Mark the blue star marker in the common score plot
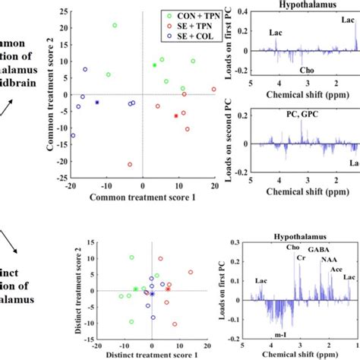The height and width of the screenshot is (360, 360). point(97,102)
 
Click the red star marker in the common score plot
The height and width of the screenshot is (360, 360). point(176,115)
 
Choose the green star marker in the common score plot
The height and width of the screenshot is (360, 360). point(154,65)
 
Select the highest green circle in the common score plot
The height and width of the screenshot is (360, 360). point(115,25)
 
